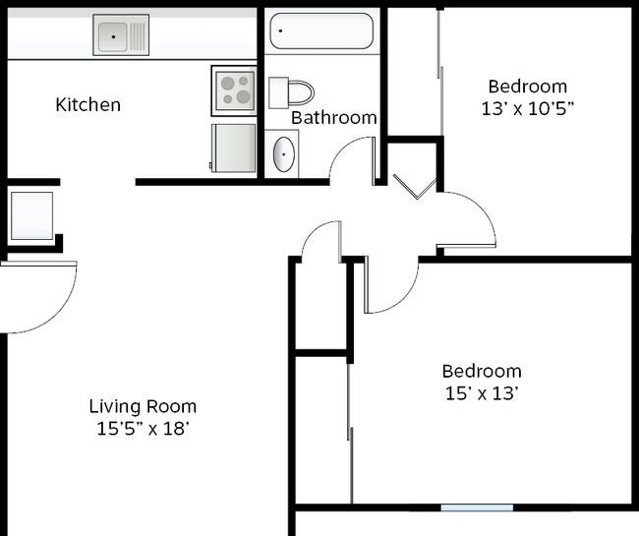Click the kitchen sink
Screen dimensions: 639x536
pos(121,35)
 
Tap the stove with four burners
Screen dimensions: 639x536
pos(234,90)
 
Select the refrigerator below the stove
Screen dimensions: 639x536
pos(233,148)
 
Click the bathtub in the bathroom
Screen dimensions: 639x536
pos(321,30)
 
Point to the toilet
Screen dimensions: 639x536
pos(291,92)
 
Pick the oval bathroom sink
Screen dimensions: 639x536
pos(284,154)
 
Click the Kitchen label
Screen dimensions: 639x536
pos(88,105)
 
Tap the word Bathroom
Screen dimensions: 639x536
pos(334,118)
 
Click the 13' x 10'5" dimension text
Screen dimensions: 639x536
pos(528,109)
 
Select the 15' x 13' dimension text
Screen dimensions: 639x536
pos(482,393)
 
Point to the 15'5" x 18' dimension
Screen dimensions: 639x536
pos(144,429)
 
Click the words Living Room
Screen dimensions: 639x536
pos(144,406)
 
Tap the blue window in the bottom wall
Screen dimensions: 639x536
pos(477,507)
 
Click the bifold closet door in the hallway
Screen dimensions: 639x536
pos(416,188)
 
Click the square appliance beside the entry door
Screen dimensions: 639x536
pos(31,215)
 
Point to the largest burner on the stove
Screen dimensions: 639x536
pos(244,97)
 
